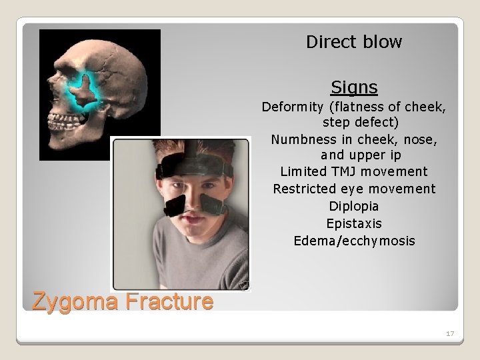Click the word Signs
pos(354,87)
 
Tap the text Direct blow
pos(354,43)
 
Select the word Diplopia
pos(354,206)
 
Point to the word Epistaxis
pos(354,223)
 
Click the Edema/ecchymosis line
pos(354,241)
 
